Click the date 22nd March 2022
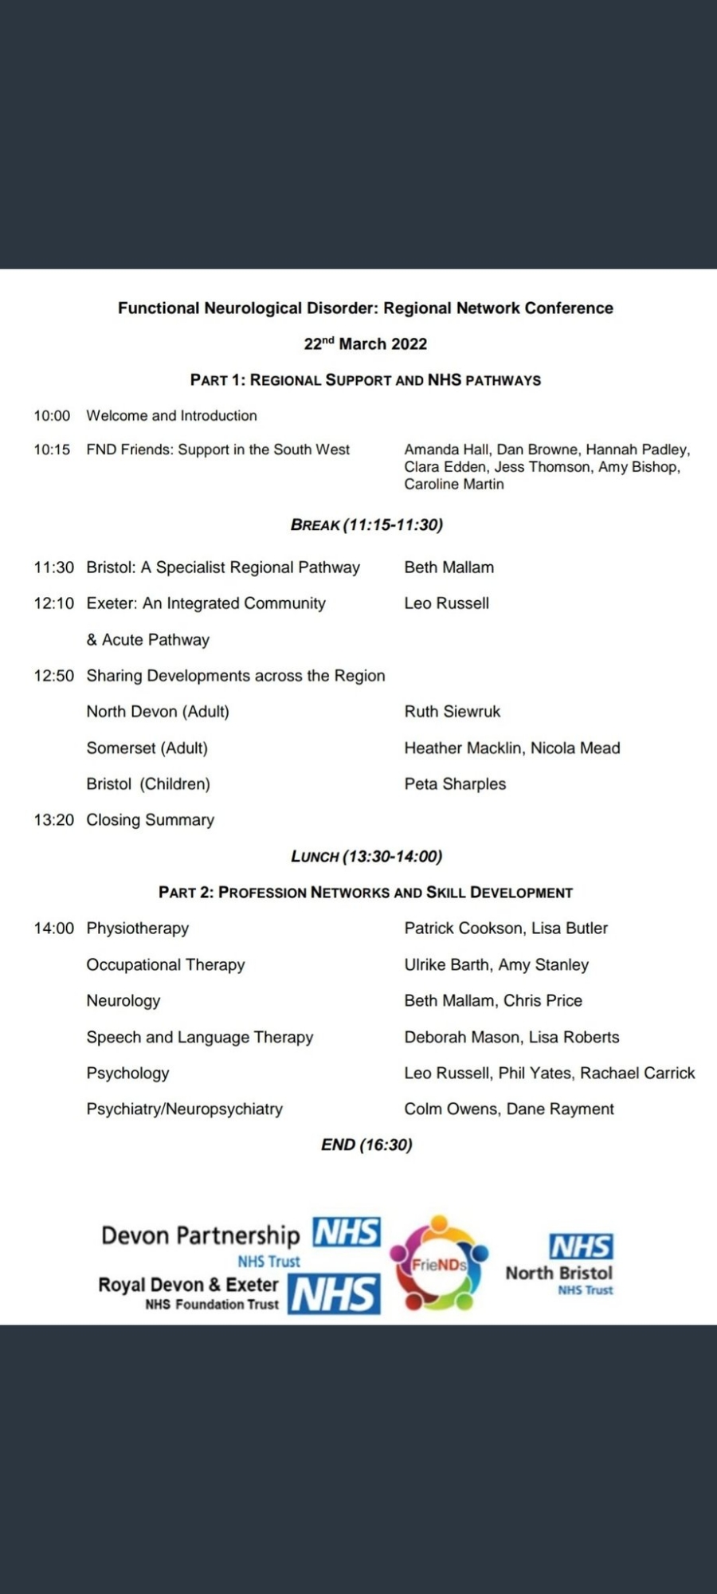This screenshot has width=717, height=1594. point(366,344)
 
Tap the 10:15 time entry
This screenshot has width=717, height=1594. point(52,450)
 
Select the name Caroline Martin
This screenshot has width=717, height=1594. point(453,484)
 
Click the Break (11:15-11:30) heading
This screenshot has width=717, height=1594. point(366,524)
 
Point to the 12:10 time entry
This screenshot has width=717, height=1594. point(53,603)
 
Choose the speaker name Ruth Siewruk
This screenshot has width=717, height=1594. point(452,712)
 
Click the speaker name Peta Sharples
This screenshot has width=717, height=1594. point(455,784)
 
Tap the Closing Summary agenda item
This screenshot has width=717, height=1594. point(151,820)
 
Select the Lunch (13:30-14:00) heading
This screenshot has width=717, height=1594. point(366,857)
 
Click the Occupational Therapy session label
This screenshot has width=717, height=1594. point(166,965)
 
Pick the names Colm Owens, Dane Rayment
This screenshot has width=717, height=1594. point(509,1109)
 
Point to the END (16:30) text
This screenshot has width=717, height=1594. point(366,1145)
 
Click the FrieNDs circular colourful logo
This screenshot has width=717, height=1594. point(439,1264)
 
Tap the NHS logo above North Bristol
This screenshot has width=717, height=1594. point(581,1247)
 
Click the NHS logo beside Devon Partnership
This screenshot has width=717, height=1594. point(347,1232)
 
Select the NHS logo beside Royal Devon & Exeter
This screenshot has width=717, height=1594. point(334,1294)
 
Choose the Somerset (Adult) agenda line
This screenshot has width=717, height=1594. point(147,748)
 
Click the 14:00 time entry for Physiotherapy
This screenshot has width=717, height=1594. point(53,929)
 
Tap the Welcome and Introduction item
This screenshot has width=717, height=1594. point(171,416)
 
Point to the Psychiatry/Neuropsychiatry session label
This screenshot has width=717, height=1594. point(184,1109)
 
